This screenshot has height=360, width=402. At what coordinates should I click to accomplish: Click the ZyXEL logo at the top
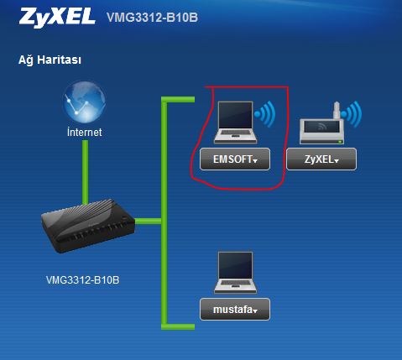pyautogui.click(x=57, y=17)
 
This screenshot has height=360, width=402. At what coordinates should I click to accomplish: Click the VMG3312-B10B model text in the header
pyautogui.click(x=152, y=18)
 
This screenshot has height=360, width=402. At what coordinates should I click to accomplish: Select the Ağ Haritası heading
pyautogui.click(x=50, y=60)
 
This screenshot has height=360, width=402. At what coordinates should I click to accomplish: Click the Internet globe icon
pyautogui.click(x=84, y=102)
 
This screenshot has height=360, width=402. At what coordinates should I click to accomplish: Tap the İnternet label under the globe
pyautogui.click(x=85, y=132)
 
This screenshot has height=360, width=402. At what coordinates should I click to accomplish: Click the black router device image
pyautogui.click(x=88, y=226)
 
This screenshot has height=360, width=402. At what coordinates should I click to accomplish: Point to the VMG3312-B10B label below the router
pyautogui.click(x=82, y=280)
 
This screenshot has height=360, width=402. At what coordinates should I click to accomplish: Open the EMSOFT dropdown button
pyautogui.click(x=235, y=159)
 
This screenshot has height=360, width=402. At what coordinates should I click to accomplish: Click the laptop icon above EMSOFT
pyautogui.click(x=235, y=123)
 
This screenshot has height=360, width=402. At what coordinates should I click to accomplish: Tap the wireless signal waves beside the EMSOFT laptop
pyautogui.click(x=265, y=113)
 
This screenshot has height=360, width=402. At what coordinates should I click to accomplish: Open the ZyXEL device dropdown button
pyautogui.click(x=321, y=159)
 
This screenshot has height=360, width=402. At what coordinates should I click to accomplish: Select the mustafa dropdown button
pyautogui.click(x=235, y=310)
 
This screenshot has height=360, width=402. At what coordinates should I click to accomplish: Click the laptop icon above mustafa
pyautogui.click(x=235, y=273)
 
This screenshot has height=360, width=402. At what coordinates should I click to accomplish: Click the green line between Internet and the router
pyautogui.click(x=85, y=172)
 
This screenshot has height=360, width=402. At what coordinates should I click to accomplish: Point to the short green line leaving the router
pyautogui.click(x=149, y=222)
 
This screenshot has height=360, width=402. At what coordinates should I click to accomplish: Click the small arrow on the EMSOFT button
pyautogui.click(x=255, y=161)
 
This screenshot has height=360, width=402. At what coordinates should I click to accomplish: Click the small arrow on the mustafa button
pyautogui.click(x=254, y=310)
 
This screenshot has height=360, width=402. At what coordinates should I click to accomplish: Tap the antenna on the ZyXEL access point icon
pyautogui.click(x=337, y=110)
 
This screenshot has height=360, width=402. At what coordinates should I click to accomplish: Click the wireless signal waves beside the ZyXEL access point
pyautogui.click(x=352, y=114)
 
